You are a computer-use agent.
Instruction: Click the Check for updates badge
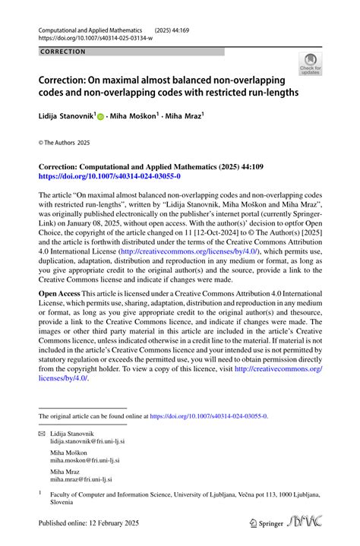tap(310, 64)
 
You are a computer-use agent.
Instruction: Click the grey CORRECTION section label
tap(63, 52)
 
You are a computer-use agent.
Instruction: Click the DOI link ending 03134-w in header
tap(94, 38)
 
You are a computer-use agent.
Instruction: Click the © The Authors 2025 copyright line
tap(65, 142)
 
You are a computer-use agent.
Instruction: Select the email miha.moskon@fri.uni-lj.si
tap(85, 460)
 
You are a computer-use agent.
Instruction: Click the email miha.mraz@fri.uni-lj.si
tap(81, 480)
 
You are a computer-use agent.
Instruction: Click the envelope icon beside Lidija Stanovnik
tap(42, 431)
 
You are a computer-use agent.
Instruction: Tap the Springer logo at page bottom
tap(265, 523)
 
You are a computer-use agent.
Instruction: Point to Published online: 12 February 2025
tap(90, 524)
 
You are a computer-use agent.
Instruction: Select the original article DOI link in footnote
tap(209, 416)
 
